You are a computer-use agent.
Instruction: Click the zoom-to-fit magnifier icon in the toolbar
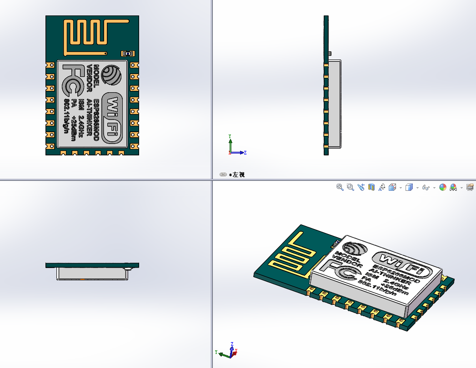click(x=340, y=187)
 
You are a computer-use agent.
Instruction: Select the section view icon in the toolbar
click(x=371, y=187)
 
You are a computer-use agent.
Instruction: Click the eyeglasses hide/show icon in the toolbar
click(x=426, y=187)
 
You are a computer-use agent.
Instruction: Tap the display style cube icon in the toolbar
click(x=409, y=187)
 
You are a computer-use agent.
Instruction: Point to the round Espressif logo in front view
click(x=112, y=75)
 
